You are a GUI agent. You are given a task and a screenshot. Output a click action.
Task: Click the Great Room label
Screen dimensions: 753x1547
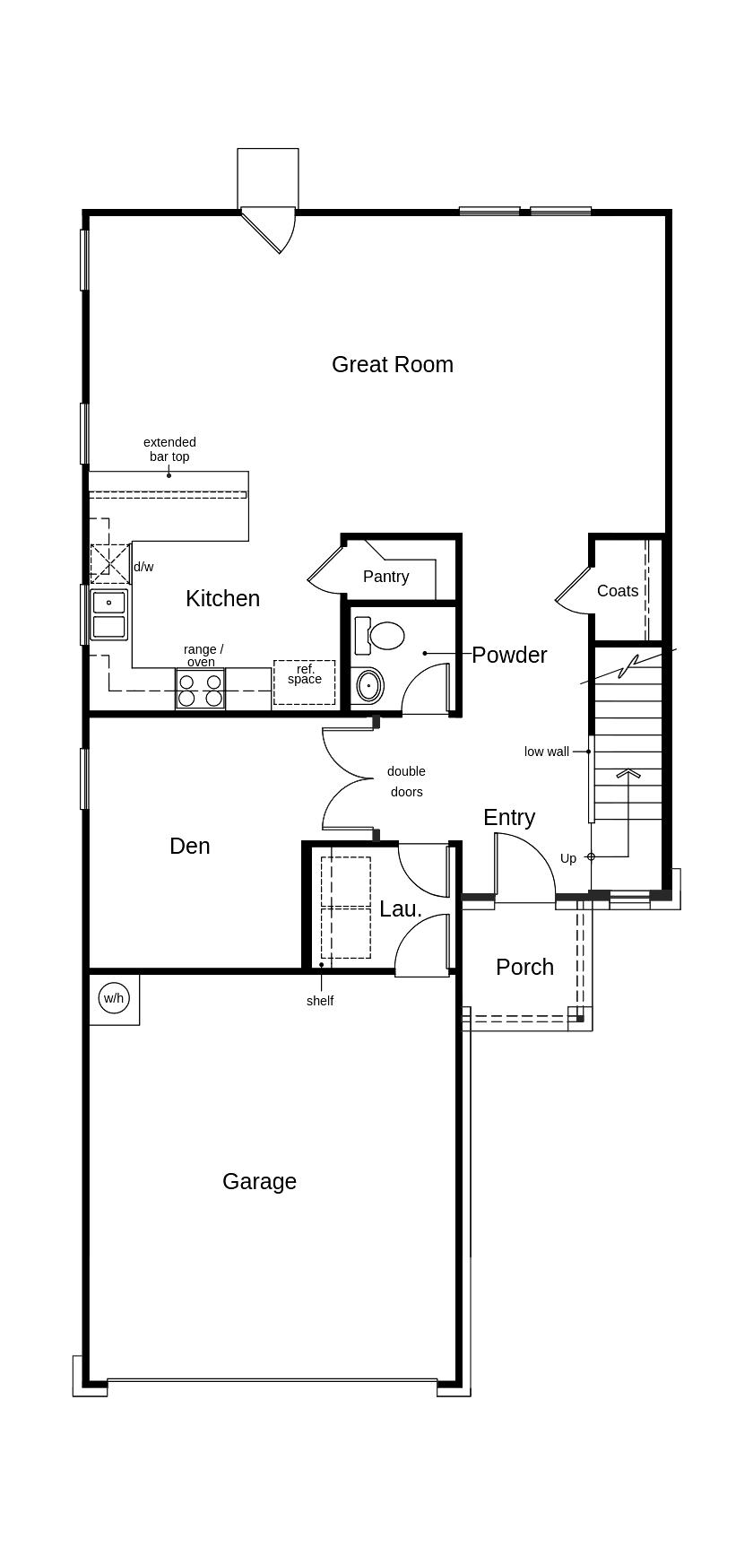pos(393,364)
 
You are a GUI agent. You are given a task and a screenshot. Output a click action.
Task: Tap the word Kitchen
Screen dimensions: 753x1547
pos(222,598)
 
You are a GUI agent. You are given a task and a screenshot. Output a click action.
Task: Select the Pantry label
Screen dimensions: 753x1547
pos(386,577)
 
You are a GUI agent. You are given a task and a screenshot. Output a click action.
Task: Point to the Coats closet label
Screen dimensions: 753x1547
pos(618,591)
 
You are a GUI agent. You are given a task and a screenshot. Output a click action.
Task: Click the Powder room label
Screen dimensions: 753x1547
pos(509,655)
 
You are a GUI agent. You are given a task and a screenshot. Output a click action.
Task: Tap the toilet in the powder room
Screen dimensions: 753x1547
pos(379,635)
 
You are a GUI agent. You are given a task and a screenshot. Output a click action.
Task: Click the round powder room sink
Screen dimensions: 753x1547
pos(368,686)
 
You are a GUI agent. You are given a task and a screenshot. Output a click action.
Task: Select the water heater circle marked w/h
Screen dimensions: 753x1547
pos(114,998)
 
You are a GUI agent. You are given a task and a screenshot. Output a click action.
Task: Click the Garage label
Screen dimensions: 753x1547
pos(259,1181)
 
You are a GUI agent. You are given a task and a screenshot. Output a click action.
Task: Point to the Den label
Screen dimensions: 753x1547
pos(190,846)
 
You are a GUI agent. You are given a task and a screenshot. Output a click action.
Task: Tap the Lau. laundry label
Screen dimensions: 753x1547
pos(401,908)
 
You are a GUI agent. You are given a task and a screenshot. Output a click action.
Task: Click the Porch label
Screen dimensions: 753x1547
pos(524,967)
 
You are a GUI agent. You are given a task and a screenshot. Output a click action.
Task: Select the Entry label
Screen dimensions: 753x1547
pos(509,817)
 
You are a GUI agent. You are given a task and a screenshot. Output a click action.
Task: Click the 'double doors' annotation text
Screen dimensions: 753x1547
pos(406,781)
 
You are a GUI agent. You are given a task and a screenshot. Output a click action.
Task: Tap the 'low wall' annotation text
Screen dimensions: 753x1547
pos(547,752)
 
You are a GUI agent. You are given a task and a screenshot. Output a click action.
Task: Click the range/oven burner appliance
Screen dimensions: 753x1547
pos(200,690)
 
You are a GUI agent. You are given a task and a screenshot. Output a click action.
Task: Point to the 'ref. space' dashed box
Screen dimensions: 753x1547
pos(305,682)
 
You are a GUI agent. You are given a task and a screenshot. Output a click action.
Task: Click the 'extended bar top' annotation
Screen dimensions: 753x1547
pos(169,449)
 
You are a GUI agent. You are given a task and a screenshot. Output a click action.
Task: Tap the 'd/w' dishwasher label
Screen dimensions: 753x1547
pos(143,567)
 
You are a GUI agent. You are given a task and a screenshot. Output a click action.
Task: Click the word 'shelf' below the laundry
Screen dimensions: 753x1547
pos(320,1001)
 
